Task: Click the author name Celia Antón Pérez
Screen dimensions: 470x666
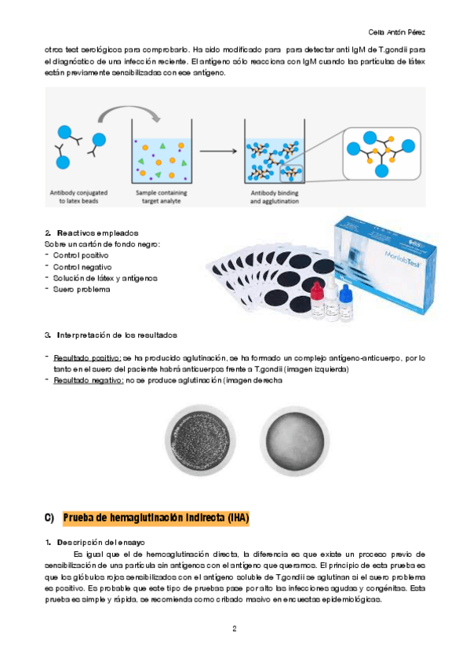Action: (x=396, y=32)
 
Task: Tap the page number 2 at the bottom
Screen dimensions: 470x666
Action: (x=235, y=628)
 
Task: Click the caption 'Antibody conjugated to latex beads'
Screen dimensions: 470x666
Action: (x=78, y=196)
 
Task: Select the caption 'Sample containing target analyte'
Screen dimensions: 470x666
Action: (x=161, y=196)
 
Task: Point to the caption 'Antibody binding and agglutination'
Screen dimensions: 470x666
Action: (x=275, y=196)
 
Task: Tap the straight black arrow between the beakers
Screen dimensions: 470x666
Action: (x=218, y=151)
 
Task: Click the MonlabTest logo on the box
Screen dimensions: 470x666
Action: (x=403, y=258)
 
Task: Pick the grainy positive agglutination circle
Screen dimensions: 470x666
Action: (x=200, y=441)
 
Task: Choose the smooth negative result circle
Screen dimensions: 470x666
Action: (x=294, y=441)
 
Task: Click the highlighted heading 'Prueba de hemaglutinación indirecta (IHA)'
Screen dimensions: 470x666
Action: (x=155, y=518)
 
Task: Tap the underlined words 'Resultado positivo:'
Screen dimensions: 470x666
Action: (x=87, y=358)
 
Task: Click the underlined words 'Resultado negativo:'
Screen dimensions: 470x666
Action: (x=88, y=380)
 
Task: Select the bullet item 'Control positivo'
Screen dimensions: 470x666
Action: (x=81, y=255)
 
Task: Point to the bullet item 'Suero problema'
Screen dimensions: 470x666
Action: (x=82, y=289)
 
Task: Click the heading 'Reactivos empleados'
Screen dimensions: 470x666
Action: (x=97, y=233)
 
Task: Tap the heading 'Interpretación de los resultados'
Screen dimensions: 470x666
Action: (x=117, y=335)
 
